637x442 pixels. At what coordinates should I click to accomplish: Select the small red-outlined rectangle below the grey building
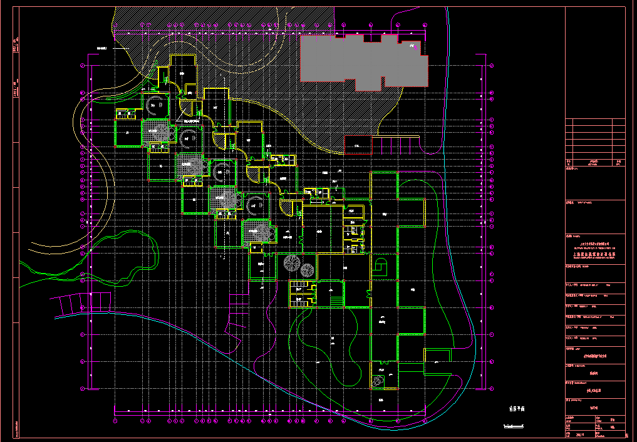pyautogui.click(x=358, y=145)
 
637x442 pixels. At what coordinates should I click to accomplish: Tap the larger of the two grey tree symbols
pyautogui.click(x=292, y=263)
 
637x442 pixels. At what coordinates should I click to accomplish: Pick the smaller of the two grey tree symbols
pyautogui.click(x=306, y=270)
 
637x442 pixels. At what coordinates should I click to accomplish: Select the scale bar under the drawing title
pyautogui.click(x=514, y=427)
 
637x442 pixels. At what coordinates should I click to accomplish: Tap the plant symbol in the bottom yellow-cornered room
pyautogui.click(x=378, y=381)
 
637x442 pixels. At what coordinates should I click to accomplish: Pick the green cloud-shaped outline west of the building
pyautogui.click(x=125, y=257)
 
